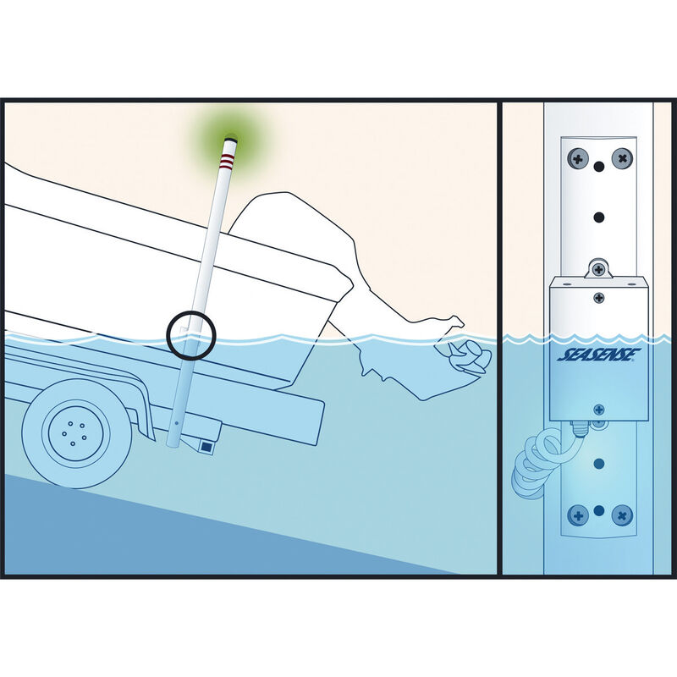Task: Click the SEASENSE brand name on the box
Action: tap(599, 355)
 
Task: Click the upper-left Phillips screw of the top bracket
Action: tap(579, 157)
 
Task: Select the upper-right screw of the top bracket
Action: tap(621, 157)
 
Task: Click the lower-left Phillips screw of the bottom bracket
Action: tap(579, 514)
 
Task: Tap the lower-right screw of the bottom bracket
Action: tap(621, 514)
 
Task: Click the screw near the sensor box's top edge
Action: tap(599, 297)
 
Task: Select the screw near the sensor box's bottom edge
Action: tap(599, 409)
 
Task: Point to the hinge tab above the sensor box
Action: tap(599, 269)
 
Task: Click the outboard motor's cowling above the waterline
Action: tap(296, 228)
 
